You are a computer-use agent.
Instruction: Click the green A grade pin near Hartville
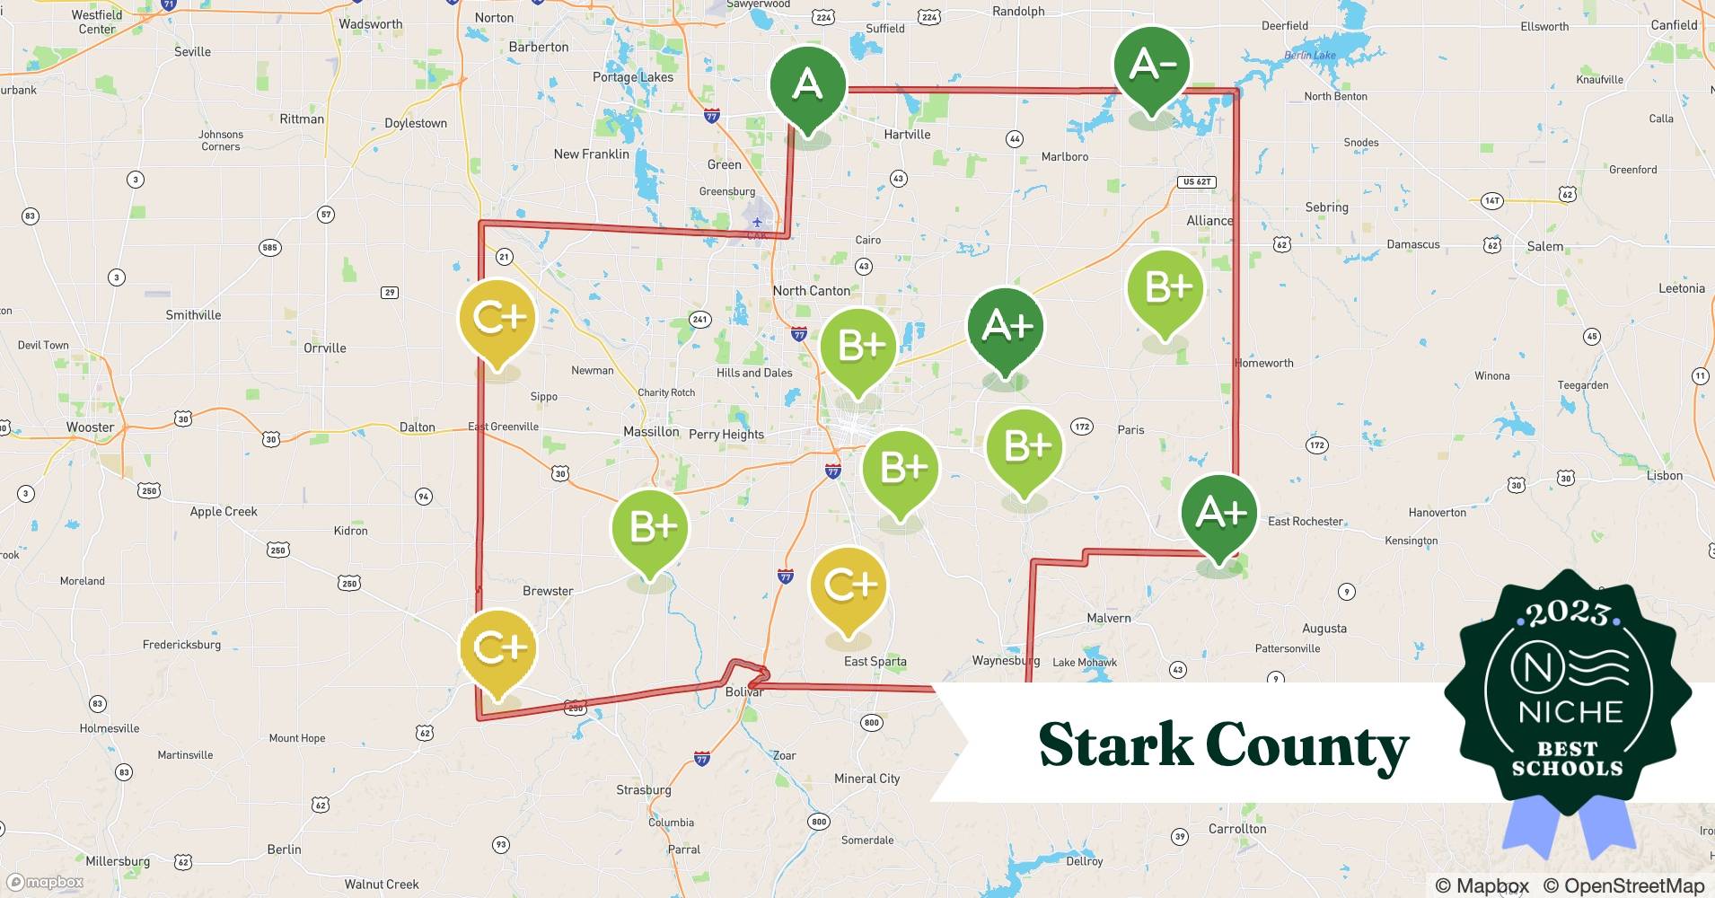tap(808, 85)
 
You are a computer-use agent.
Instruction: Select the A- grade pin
tap(1152, 66)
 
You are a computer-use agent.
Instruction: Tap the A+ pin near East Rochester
tap(1218, 513)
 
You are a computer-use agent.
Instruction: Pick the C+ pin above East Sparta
tap(849, 585)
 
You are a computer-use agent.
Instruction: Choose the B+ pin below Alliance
tap(1165, 288)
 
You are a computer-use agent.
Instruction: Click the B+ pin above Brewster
tap(650, 528)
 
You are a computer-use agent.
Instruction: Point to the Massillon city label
tap(651, 432)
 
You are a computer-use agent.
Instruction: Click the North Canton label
tap(811, 291)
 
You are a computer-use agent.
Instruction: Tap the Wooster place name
tap(90, 427)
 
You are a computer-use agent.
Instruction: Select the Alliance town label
tap(1209, 221)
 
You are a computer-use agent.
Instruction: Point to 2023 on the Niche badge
tap(1567, 614)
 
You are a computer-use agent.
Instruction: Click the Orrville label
tap(324, 348)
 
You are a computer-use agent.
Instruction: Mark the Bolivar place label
tap(744, 692)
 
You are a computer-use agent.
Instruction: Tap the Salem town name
tap(1544, 246)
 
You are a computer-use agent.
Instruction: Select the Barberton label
tap(538, 47)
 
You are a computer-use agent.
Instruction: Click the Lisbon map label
tap(1664, 476)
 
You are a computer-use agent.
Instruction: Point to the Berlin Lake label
tap(1310, 56)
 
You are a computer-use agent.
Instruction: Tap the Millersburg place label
tap(118, 861)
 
